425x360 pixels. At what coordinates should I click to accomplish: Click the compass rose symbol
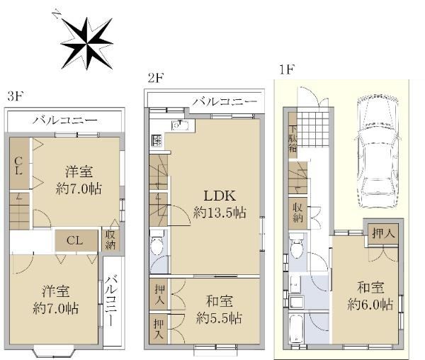86,43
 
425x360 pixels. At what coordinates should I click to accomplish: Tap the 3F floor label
16,96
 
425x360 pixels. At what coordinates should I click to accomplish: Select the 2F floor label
156,79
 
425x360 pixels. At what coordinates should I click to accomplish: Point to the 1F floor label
287,70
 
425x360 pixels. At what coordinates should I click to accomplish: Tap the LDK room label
220,196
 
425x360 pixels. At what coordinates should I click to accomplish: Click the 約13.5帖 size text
220,213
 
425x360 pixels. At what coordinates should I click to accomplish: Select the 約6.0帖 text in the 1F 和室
370,305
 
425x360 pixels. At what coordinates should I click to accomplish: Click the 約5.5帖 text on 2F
219,318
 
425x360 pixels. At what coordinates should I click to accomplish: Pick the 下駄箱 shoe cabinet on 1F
293,135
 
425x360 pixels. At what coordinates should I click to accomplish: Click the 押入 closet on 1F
383,234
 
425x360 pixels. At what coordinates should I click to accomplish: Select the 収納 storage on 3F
110,240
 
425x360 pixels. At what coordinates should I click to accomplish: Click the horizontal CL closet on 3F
76,241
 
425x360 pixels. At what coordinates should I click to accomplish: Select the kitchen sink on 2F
180,125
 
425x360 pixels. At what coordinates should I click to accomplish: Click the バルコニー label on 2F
225,102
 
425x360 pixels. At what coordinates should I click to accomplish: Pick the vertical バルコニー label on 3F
111,300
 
